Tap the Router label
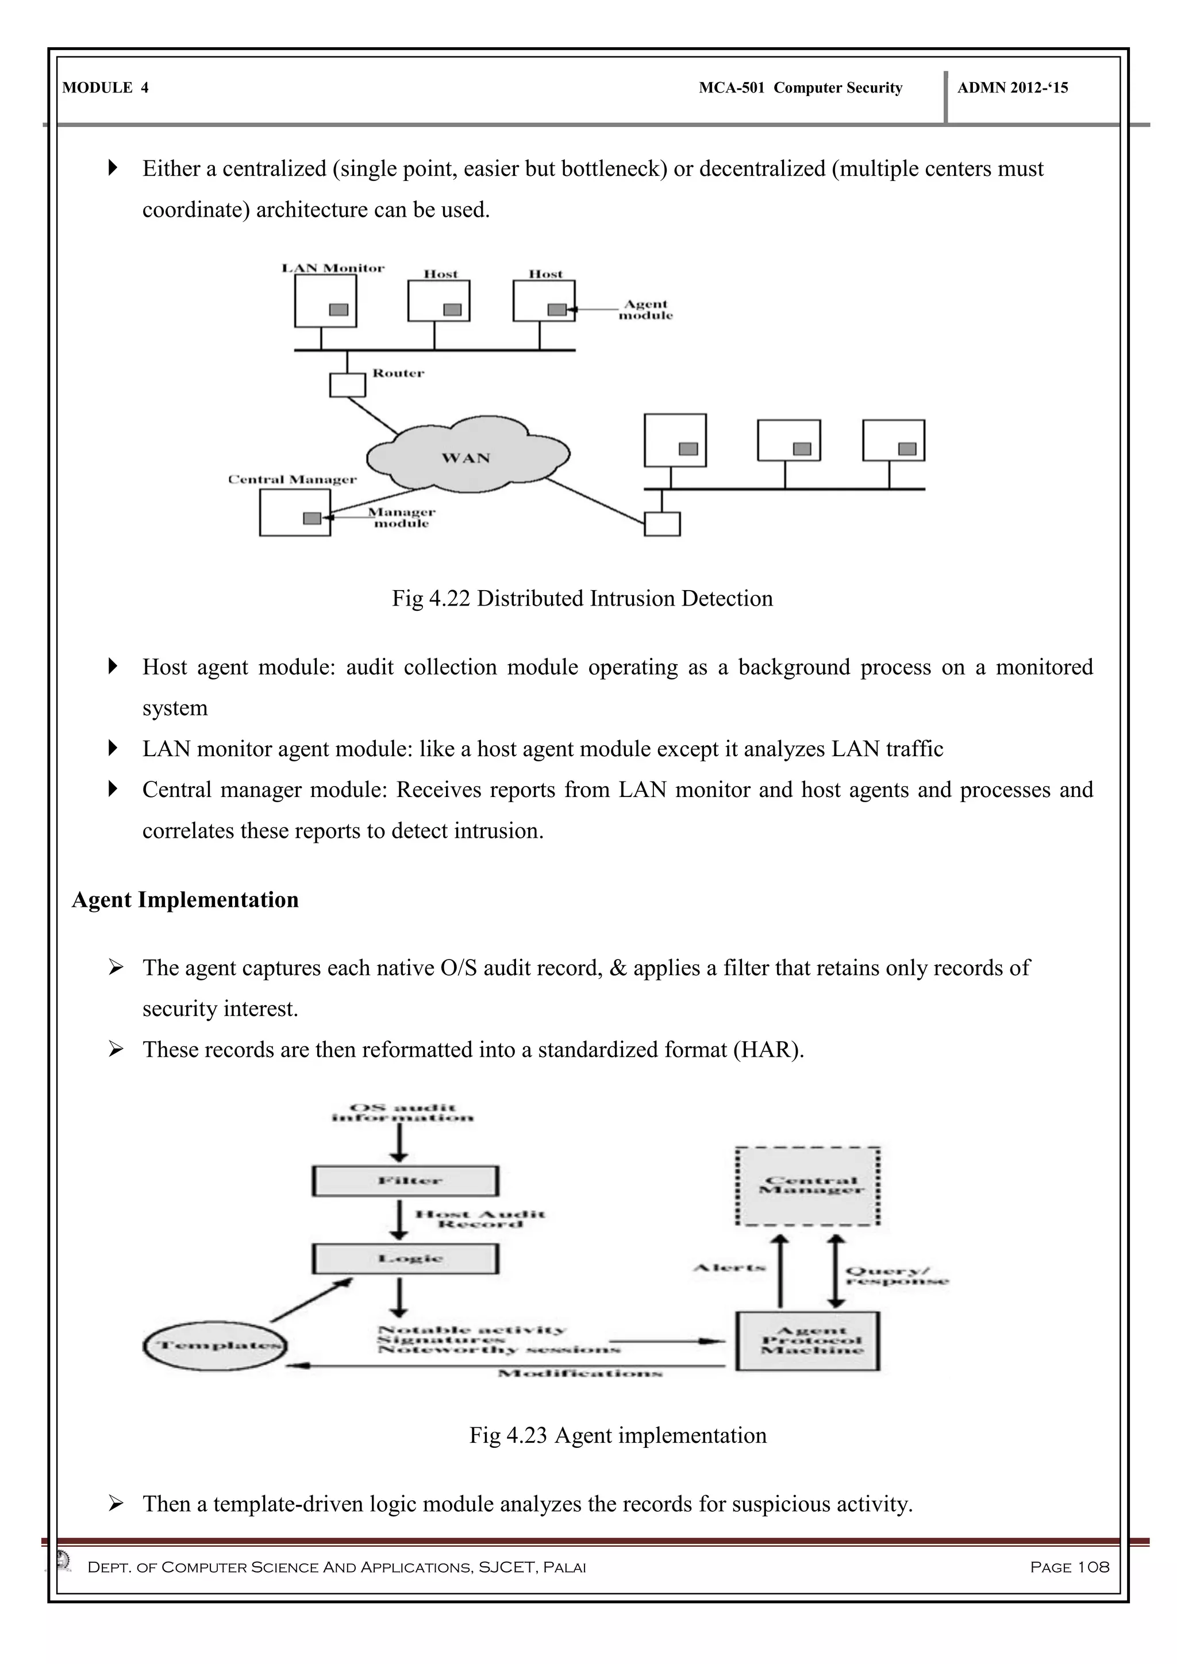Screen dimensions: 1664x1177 pos(398,373)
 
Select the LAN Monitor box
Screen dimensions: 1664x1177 pos(325,302)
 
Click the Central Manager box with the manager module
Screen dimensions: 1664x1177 pos(294,513)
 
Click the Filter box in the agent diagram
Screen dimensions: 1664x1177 pos(405,1181)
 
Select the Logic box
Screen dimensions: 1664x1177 pos(405,1259)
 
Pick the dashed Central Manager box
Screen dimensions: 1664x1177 pos(807,1186)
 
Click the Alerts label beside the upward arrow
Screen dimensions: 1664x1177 pos(729,1268)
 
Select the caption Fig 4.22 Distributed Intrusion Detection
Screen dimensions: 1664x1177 pos(582,598)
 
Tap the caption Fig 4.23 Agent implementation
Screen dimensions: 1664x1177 pos(617,1435)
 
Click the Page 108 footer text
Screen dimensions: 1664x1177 pos(1069,1567)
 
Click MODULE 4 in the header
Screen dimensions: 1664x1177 pos(106,88)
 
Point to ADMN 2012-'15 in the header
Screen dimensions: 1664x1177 pos(1013,88)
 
